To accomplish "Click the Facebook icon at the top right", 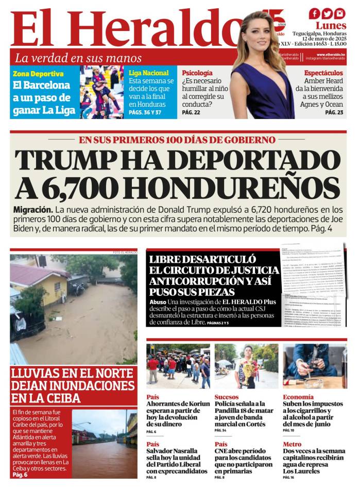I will point(314,14).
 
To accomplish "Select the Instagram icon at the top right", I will point(339,14).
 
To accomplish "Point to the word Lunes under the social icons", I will point(331,25).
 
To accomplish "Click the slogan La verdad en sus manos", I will point(78,58).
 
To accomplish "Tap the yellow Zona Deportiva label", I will point(38,74).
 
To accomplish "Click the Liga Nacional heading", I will point(148,73).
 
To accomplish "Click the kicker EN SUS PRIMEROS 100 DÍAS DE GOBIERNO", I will point(177,140).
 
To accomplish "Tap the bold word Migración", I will point(33,210).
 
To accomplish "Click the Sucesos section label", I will point(227,397).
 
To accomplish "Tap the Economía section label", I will point(298,397).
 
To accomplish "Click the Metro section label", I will point(292,444).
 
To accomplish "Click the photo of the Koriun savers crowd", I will point(178,366).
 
